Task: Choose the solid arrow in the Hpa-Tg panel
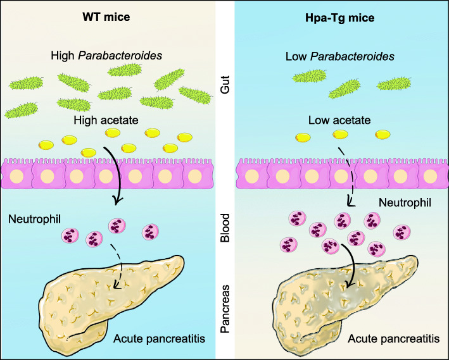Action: (x=347, y=259)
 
